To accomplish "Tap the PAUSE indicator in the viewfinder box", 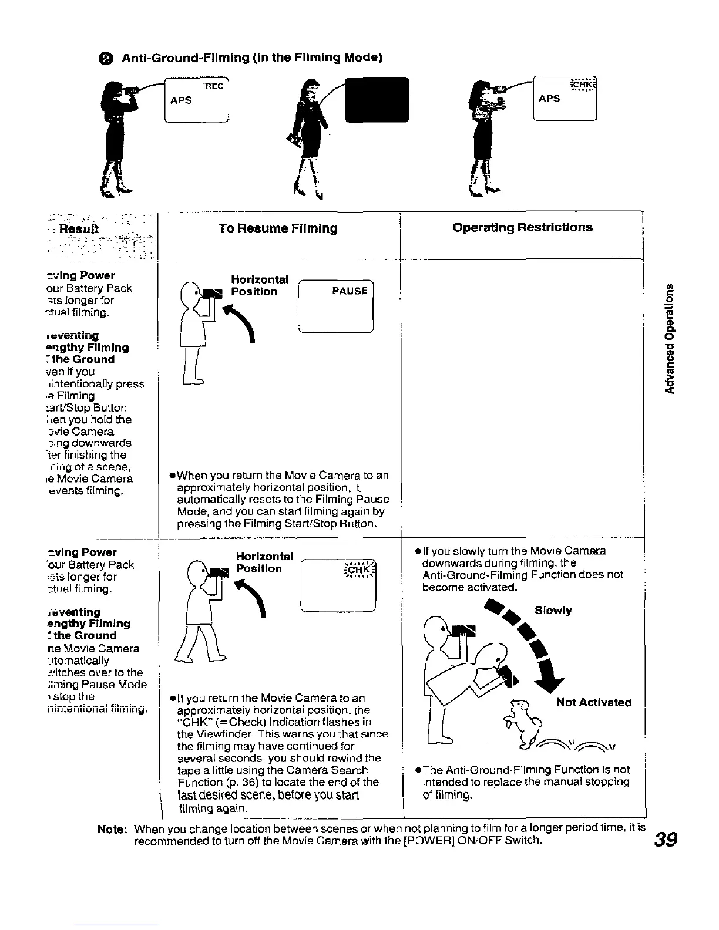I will point(350,291).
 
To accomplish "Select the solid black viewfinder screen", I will point(377,99).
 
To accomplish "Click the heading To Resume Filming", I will point(278,228).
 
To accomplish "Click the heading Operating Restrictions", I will point(522,227).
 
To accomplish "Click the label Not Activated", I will point(594,702).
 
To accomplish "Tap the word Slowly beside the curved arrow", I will point(553,611).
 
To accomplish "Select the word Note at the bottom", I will point(112,830).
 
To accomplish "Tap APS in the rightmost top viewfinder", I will point(549,99).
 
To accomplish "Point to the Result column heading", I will point(88,229).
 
